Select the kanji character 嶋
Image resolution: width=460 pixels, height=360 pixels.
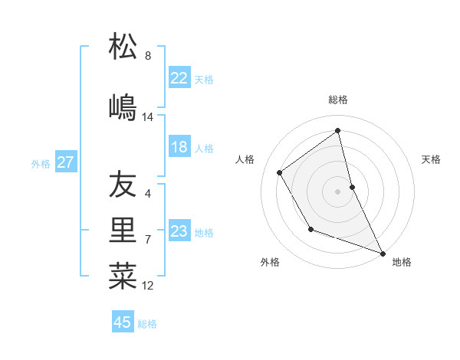point(123,107)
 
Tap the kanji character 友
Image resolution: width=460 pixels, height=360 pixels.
point(123,185)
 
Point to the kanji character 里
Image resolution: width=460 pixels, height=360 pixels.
point(123,231)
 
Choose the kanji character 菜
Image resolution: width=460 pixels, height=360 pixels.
point(123,277)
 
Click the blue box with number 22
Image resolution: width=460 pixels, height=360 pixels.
point(179,78)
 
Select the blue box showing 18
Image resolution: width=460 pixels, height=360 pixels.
point(179,147)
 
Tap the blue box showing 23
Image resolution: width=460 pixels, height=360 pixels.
point(179,231)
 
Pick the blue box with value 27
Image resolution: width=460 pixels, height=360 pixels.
point(65,162)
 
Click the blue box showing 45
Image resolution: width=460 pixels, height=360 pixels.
point(123,322)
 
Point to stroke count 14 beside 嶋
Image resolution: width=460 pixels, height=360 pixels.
point(148,117)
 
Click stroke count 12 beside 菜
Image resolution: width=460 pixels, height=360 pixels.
point(148,286)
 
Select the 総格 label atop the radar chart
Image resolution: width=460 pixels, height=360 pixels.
point(338,100)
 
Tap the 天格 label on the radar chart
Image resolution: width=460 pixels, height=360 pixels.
point(432,159)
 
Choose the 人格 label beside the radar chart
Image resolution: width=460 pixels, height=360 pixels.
point(245,159)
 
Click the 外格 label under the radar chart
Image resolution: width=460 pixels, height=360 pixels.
point(270,263)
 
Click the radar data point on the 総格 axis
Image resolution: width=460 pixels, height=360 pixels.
point(338,131)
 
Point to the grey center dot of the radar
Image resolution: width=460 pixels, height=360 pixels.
point(338,191)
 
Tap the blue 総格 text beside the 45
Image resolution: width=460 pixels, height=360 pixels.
point(147,323)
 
